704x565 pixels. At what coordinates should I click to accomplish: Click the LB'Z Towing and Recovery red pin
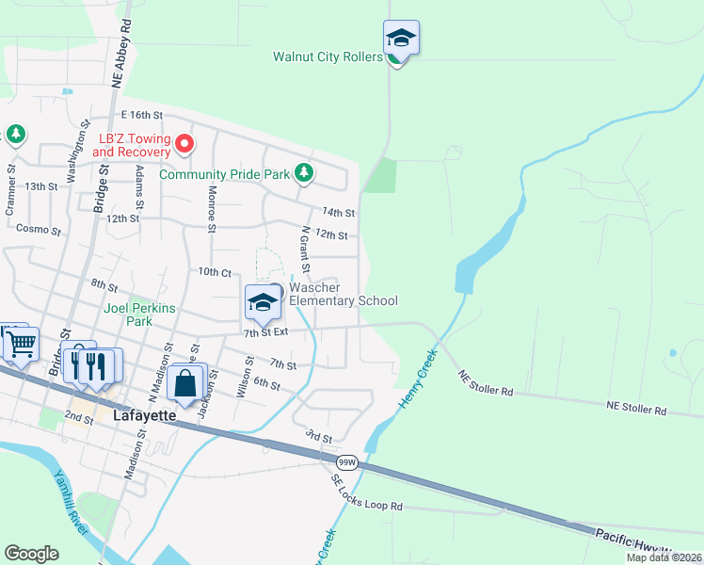pyautogui.click(x=185, y=144)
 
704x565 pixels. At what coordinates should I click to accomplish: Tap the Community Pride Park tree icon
pyautogui.click(x=303, y=173)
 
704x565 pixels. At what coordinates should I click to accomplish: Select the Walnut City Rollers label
pyautogui.click(x=328, y=56)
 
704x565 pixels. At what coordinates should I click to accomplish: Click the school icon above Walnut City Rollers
pyautogui.click(x=401, y=39)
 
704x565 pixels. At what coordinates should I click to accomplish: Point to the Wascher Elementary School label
pyautogui.click(x=343, y=294)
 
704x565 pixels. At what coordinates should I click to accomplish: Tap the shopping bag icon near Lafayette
pyautogui.click(x=186, y=383)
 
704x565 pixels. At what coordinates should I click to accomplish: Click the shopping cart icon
pyautogui.click(x=21, y=344)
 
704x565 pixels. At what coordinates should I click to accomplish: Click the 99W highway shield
pyautogui.click(x=347, y=462)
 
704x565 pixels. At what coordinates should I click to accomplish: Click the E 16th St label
pyautogui.click(x=136, y=114)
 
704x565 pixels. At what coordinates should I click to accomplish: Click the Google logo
pyautogui.click(x=31, y=554)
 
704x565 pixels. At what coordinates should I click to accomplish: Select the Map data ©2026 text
pyautogui.click(x=663, y=557)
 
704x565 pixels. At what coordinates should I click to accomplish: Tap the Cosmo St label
pyautogui.click(x=38, y=230)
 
